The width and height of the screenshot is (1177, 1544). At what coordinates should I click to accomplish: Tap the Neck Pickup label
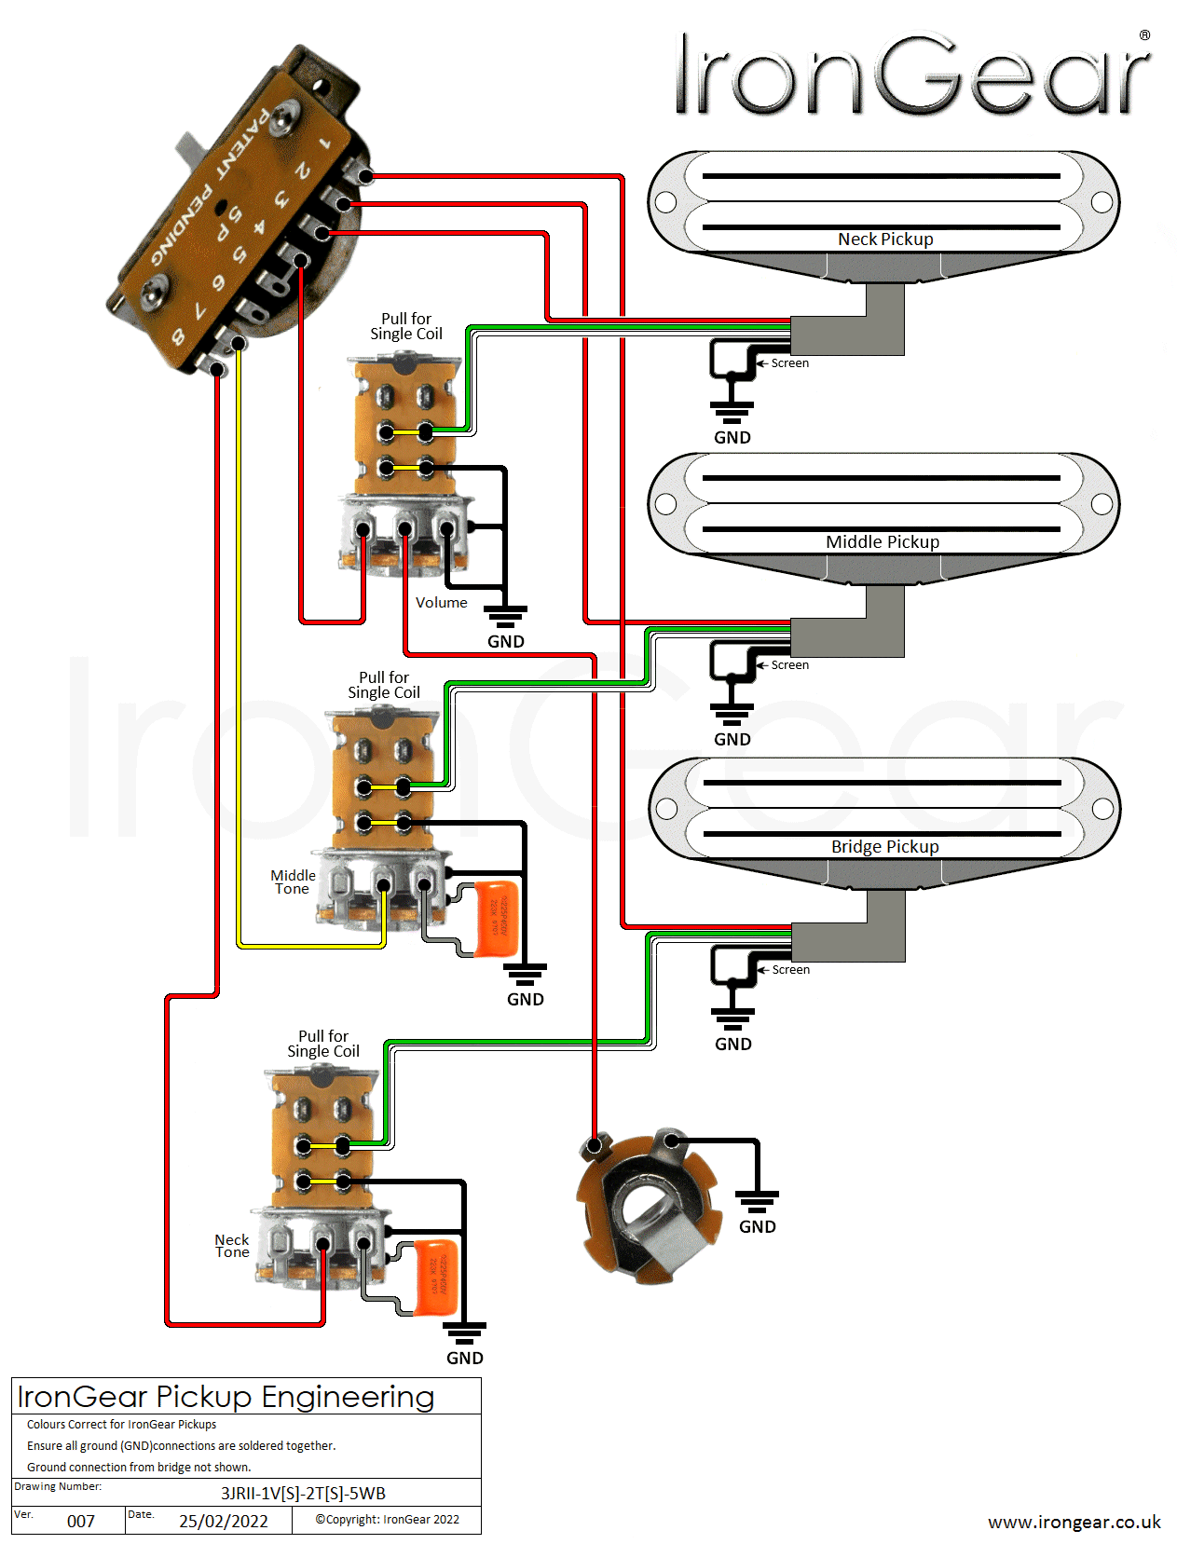pyautogui.click(x=884, y=239)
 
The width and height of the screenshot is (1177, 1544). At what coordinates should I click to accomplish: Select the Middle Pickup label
pyautogui.click(x=882, y=542)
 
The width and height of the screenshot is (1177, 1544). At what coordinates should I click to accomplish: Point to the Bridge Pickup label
pyautogui.click(x=884, y=847)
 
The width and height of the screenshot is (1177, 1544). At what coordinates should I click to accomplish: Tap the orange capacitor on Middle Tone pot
pyautogui.click(x=497, y=919)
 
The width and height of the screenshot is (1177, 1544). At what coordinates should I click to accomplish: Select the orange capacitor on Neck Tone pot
pyautogui.click(x=435, y=1277)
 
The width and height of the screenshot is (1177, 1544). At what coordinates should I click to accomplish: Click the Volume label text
pyautogui.click(x=441, y=603)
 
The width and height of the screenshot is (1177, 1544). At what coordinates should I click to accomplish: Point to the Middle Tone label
pyautogui.click(x=293, y=881)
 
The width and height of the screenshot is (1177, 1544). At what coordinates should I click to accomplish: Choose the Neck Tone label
pyautogui.click(x=232, y=1246)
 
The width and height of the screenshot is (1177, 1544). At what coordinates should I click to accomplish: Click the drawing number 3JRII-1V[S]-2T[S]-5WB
pyautogui.click(x=303, y=1494)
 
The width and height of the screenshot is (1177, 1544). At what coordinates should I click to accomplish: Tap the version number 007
pyautogui.click(x=81, y=1522)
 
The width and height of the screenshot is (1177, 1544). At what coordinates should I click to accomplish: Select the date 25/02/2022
pyautogui.click(x=224, y=1522)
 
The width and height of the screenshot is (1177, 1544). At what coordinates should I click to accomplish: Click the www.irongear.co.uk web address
pyautogui.click(x=1074, y=1522)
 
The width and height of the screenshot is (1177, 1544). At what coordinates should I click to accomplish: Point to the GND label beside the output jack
pyautogui.click(x=757, y=1227)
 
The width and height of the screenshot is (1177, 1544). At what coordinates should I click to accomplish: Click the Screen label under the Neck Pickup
pyautogui.click(x=789, y=363)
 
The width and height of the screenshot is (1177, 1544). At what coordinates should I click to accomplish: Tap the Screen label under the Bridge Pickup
pyautogui.click(x=790, y=970)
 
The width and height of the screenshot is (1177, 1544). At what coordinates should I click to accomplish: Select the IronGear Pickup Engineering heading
pyautogui.click(x=226, y=1397)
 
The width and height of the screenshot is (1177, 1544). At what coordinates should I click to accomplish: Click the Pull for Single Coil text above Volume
pyautogui.click(x=406, y=326)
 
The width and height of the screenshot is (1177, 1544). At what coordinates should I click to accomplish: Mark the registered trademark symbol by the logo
pyautogui.click(x=1144, y=35)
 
